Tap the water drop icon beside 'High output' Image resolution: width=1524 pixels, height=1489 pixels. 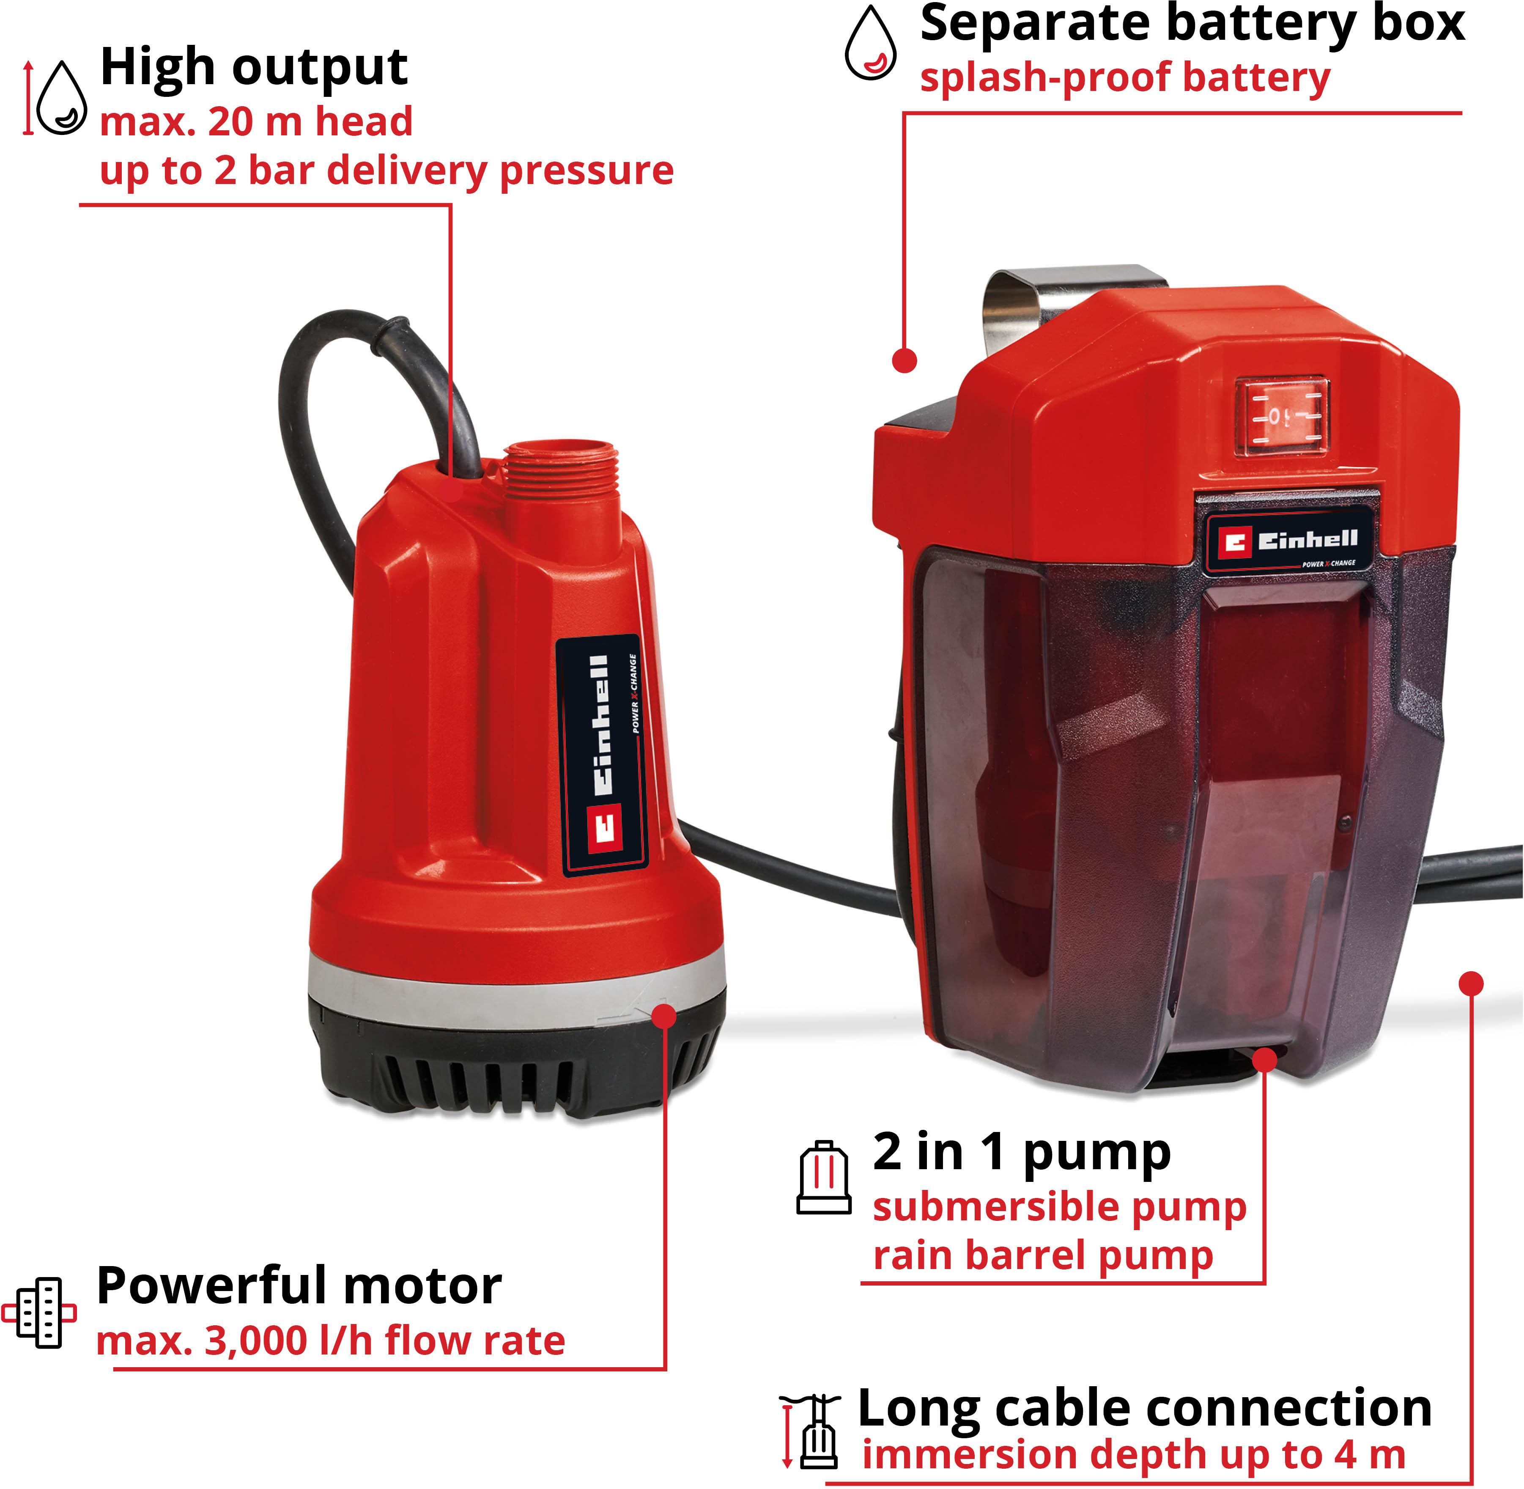pos(62,99)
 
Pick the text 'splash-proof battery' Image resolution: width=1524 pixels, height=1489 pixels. pos(1124,78)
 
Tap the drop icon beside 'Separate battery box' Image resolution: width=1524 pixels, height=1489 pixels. pos(870,44)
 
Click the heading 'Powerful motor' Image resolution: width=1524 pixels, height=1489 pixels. pos(299,1286)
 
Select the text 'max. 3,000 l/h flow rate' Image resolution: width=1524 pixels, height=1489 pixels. pos(330,1341)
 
